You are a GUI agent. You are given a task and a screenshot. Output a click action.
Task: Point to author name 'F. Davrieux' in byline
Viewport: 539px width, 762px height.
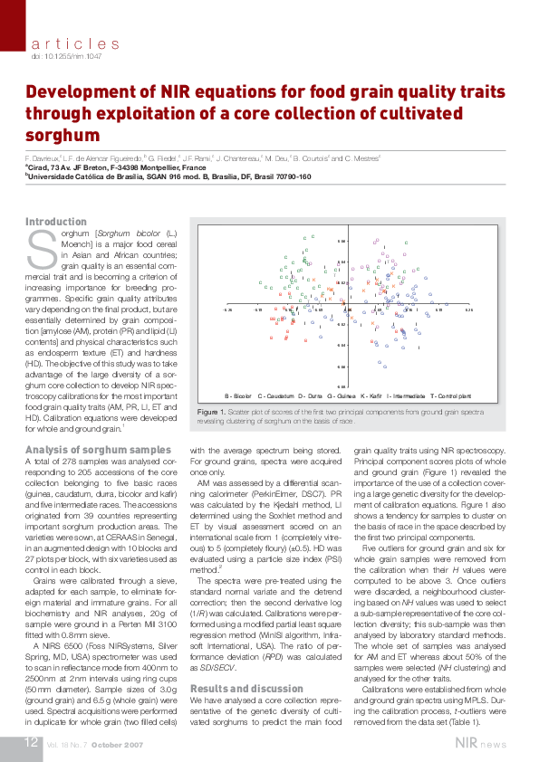pos(42,158)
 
